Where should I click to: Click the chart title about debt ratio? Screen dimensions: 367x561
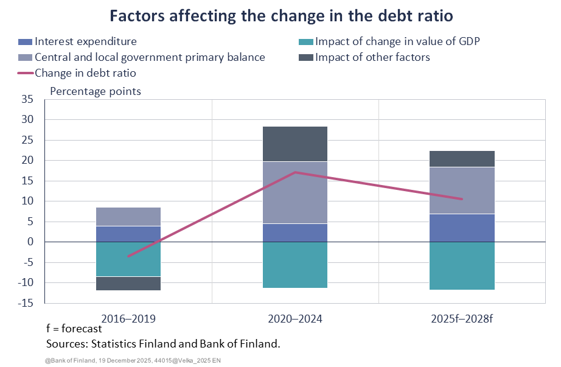pos(280,16)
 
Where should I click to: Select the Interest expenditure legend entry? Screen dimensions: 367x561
pos(85,42)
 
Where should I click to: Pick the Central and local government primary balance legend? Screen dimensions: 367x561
pos(150,57)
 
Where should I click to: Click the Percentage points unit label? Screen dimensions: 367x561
pos(96,91)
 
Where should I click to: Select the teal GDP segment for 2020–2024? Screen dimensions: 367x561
pos(294,265)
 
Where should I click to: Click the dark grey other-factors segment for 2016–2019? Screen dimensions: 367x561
pos(128,284)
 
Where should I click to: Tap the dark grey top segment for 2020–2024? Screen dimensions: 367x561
pos(294,144)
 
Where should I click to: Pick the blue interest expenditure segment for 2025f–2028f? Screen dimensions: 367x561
pos(462,228)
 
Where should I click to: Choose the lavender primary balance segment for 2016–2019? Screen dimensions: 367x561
pos(128,216)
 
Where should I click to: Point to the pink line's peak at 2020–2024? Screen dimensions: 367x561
pos(295,172)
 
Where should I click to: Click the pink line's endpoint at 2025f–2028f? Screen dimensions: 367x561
pos(462,199)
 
